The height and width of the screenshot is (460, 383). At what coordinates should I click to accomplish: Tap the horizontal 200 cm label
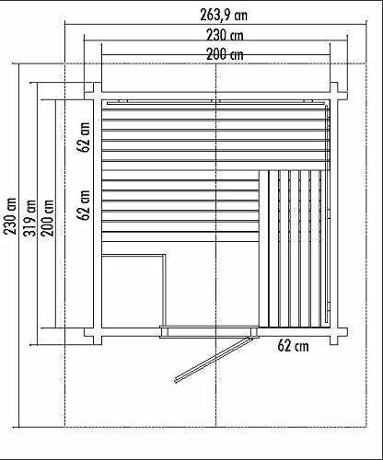[x=214, y=54]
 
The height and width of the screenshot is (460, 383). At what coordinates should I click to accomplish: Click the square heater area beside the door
[x=133, y=290]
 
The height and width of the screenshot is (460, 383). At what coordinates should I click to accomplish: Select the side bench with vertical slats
[x=297, y=247]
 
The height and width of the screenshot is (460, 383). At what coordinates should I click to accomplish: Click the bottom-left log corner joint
[x=93, y=332]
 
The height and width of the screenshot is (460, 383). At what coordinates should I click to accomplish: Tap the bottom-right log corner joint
[x=336, y=332]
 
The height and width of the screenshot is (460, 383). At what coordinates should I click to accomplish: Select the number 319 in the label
[x=30, y=219]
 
